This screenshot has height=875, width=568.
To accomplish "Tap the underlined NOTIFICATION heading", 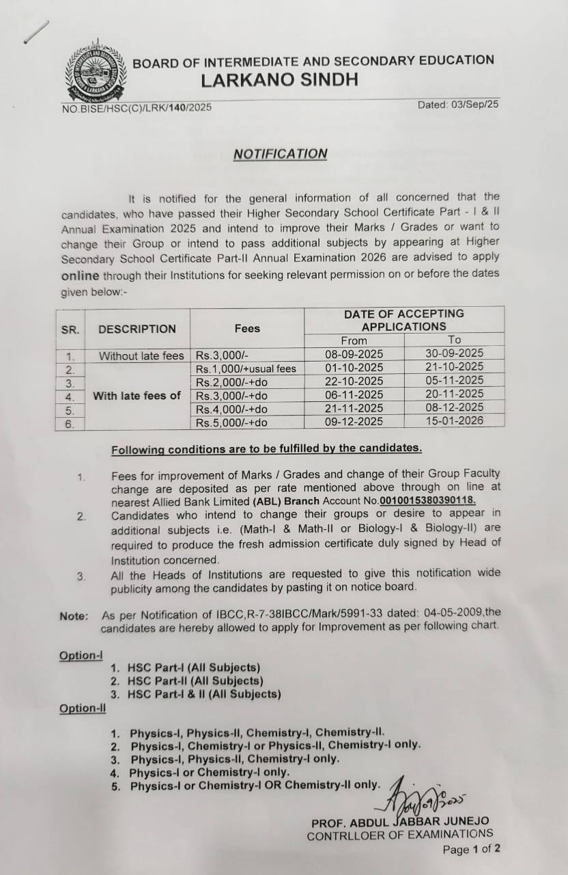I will click(280, 154).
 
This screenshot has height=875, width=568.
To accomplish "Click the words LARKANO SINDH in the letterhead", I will click(279, 80).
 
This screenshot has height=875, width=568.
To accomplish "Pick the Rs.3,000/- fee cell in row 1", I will click(217, 355).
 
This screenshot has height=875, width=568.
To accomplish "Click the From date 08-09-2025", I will click(354, 354).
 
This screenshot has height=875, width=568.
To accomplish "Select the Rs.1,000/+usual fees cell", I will click(246, 368).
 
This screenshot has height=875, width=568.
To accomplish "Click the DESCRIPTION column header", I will click(137, 329).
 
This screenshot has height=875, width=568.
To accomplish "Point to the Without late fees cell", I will click(141, 355).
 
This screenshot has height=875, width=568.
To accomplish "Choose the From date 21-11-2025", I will click(354, 408).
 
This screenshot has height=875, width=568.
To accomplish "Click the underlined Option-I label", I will click(81, 656).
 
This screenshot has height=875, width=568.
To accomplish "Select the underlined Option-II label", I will click(83, 708).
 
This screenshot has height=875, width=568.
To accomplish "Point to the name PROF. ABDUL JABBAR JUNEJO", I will click(400, 822).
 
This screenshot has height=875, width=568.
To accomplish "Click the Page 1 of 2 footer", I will click(471, 850).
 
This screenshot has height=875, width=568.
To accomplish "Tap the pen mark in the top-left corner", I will click(36, 32).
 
